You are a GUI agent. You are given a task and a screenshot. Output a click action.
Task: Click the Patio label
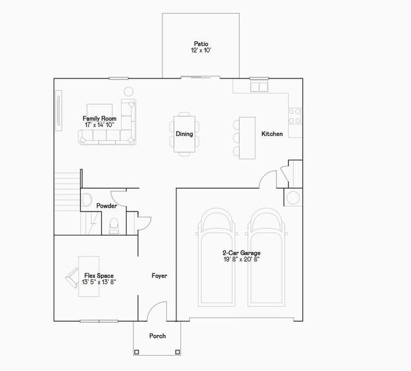click(x=200, y=44)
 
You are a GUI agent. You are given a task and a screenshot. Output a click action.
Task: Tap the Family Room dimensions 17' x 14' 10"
click(x=100, y=125)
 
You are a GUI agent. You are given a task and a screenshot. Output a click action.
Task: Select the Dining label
click(x=184, y=134)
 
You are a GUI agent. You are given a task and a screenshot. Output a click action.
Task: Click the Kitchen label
click(x=272, y=134)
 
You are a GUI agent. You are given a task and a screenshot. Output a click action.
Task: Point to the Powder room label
click(x=106, y=206)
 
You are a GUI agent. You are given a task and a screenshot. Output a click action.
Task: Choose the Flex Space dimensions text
click(x=98, y=282)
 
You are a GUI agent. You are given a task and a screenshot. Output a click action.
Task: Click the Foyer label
click(x=159, y=276)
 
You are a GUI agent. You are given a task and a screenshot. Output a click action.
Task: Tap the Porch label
click(x=157, y=336)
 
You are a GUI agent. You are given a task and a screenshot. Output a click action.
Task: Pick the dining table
click(x=185, y=134)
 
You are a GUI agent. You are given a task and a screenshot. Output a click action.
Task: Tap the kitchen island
click(x=247, y=136)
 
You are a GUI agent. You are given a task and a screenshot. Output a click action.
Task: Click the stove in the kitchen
click(x=295, y=115)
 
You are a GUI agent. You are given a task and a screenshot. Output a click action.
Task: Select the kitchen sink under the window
click(x=259, y=86)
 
